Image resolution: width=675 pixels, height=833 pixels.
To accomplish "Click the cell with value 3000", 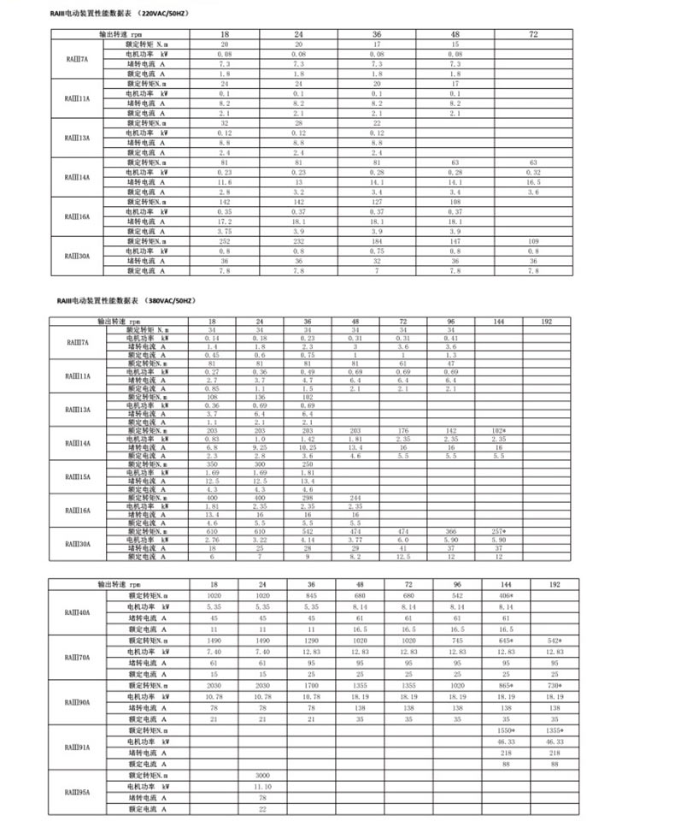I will (262, 773).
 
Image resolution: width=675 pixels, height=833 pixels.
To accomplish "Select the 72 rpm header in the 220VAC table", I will (533, 33).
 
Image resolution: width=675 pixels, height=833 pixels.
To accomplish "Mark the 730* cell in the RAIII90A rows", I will (555, 687).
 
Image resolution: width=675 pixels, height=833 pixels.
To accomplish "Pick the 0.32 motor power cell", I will (533, 172).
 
